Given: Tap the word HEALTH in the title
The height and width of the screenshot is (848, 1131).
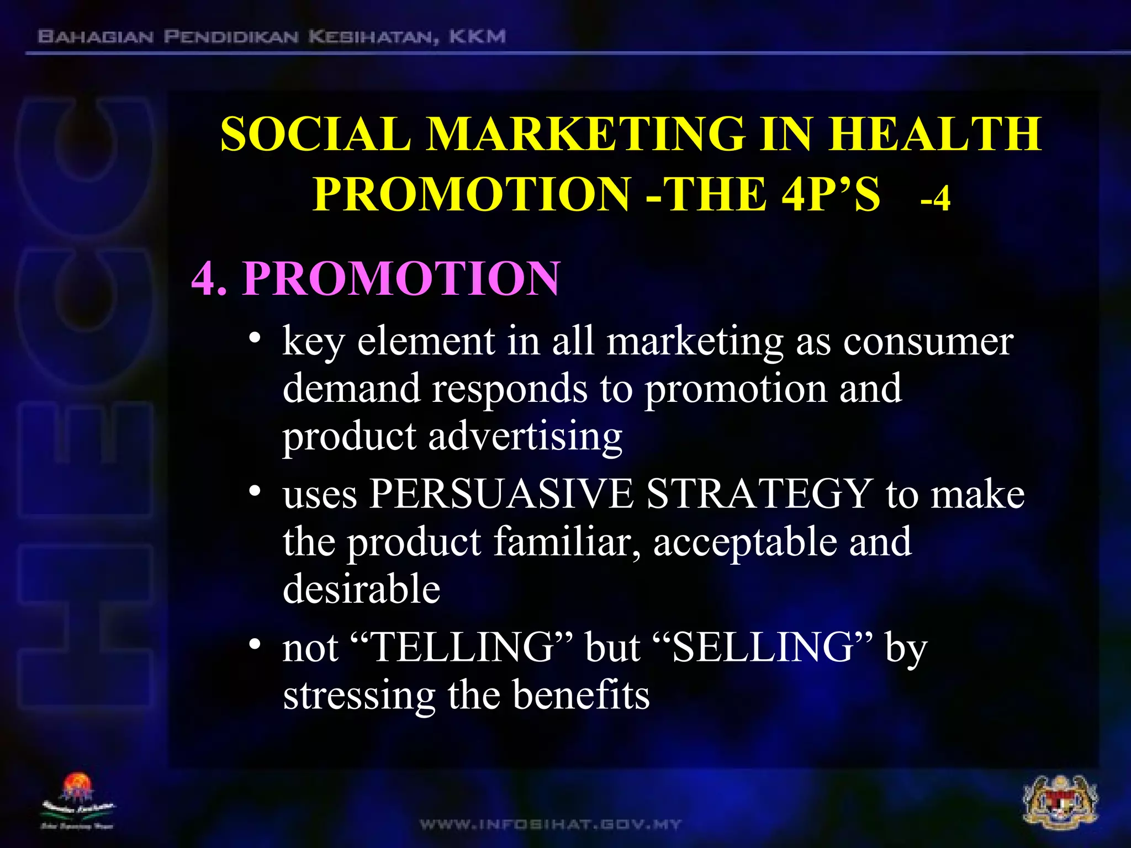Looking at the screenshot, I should [934, 134].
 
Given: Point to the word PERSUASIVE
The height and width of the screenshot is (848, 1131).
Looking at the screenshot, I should [501, 493].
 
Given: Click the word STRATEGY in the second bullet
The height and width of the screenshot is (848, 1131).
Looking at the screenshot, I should [759, 493].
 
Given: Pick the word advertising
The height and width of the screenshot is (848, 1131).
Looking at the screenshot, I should [525, 436].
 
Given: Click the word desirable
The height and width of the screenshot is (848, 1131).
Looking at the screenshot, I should [361, 589].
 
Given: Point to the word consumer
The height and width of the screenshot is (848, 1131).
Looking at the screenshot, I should [928, 341].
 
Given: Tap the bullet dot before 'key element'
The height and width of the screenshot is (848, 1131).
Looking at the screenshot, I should [254, 338].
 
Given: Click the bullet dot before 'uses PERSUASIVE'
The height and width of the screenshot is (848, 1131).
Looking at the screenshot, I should [254, 491].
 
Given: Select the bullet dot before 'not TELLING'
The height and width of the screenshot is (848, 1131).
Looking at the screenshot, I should [254, 644].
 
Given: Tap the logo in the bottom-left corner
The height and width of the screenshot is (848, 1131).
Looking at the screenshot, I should [78, 801].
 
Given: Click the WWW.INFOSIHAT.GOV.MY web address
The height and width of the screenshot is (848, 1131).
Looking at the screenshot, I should [551, 825].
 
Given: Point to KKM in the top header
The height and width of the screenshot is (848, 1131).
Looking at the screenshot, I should [477, 37].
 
